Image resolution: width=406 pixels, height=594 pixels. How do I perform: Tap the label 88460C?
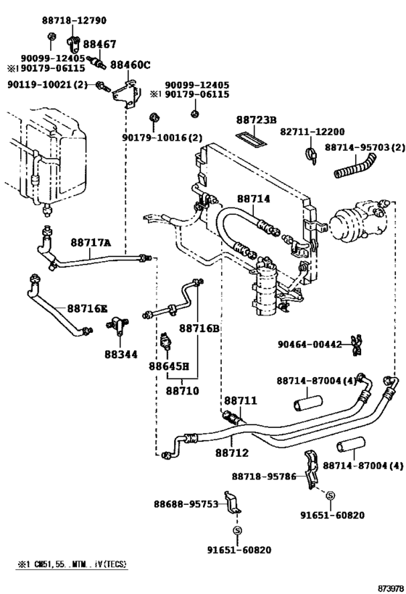(130, 65)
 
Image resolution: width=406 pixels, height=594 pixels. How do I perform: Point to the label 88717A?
(91, 243)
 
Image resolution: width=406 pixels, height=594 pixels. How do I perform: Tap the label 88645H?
(174, 367)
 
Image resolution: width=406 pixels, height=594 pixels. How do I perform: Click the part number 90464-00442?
(309, 345)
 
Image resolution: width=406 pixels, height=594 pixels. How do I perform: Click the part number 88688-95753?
(186, 503)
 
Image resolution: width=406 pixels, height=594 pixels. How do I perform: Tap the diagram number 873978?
(387, 586)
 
